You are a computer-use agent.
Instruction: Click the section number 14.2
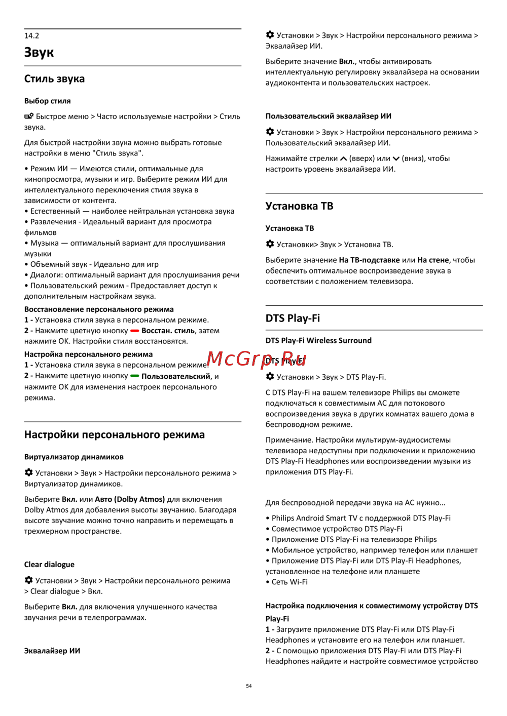coord(31,36)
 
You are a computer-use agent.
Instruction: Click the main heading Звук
coord(39,53)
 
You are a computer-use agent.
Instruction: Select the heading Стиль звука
coord(54,79)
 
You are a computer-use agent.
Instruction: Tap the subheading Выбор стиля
coord(48,101)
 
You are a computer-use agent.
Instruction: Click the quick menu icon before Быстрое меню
coord(29,116)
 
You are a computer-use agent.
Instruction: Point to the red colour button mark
coord(135,331)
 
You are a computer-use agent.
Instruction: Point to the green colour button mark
coord(135,376)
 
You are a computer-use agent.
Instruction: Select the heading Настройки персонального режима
coord(115,435)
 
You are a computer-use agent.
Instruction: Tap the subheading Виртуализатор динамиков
coord(74,457)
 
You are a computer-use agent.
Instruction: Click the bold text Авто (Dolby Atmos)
coord(130,499)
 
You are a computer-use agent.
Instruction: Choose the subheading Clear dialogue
coord(49,565)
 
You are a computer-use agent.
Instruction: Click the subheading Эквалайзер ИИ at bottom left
coord(52,651)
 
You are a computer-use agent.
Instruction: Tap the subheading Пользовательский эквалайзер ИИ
coord(329,116)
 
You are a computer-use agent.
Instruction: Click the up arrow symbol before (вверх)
coord(344,159)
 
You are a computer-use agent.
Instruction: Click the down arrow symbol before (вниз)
coord(396,159)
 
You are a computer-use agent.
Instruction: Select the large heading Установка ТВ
coord(299,207)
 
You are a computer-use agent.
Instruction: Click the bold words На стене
coord(433,260)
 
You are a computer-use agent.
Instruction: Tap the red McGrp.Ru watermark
coord(257,359)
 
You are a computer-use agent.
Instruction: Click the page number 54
coord(249,686)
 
